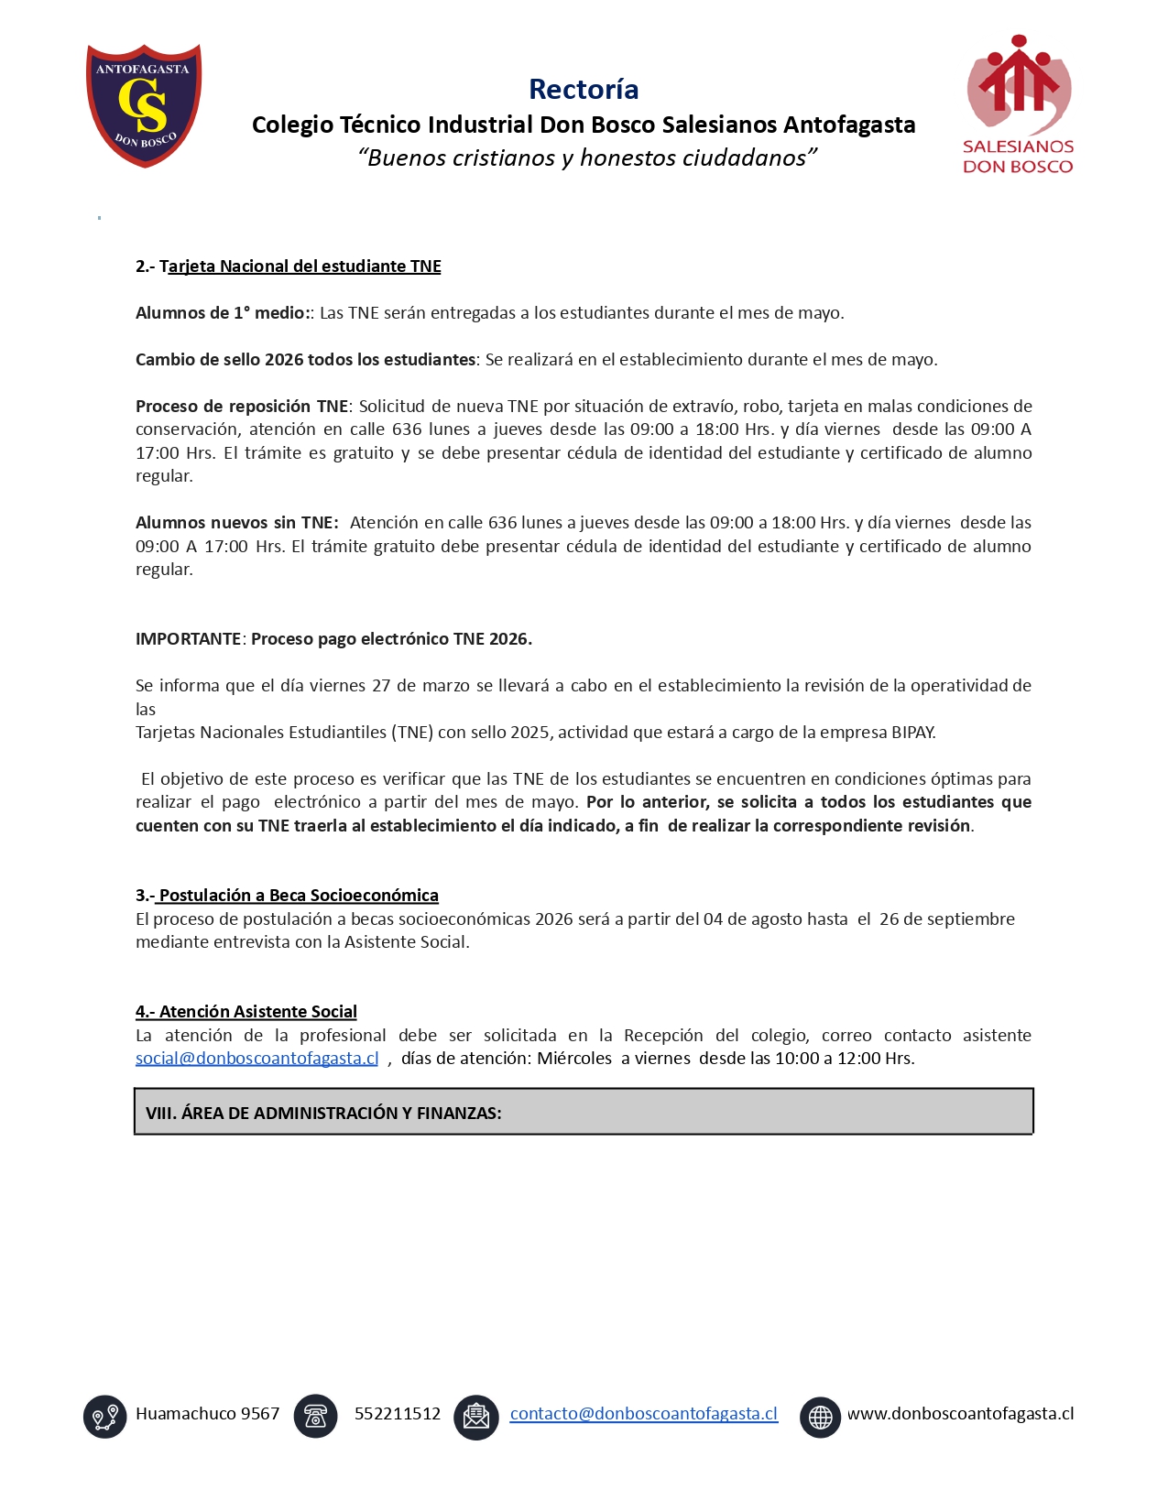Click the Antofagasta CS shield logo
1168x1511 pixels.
click(x=144, y=104)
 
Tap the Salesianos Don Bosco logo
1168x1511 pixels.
click(x=1018, y=104)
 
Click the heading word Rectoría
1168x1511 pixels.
click(x=584, y=89)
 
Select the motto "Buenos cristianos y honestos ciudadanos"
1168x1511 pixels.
click(x=587, y=158)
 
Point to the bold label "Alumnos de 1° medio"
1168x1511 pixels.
click(x=224, y=313)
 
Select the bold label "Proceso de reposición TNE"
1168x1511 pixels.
click(x=242, y=407)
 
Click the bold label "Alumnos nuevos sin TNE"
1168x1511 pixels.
click(x=236, y=523)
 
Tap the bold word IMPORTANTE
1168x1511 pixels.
click(x=188, y=639)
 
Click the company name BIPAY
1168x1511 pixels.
click(x=912, y=733)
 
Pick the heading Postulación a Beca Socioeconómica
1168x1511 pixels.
click(x=299, y=896)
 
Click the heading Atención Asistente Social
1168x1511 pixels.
click(x=257, y=1012)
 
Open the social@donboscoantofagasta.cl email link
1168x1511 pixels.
click(x=257, y=1059)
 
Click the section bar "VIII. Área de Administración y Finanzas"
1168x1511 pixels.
click(x=584, y=1112)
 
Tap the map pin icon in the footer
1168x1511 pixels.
click(x=105, y=1417)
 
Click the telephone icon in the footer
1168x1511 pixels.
click(x=316, y=1417)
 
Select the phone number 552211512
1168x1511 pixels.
click(x=398, y=1414)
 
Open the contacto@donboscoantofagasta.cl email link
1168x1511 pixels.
click(x=643, y=1414)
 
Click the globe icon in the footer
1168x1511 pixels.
click(x=820, y=1417)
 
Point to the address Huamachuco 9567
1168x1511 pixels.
click(x=208, y=1414)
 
